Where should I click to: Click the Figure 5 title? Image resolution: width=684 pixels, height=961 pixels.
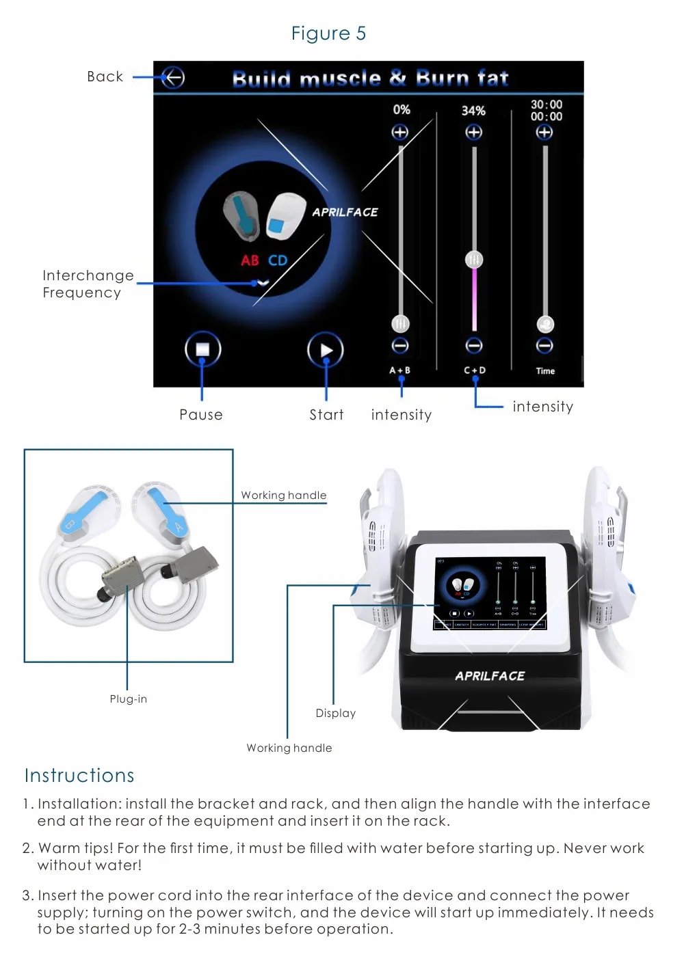pos(328,33)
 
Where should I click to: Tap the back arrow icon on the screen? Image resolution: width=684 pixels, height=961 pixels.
pos(173,78)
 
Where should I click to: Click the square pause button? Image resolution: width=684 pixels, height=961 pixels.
pos(202,349)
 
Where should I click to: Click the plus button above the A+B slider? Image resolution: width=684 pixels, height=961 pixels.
pos(400,132)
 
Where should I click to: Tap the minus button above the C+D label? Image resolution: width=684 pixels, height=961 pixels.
pos(474,345)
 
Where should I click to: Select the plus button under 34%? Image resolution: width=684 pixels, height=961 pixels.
pos(473,132)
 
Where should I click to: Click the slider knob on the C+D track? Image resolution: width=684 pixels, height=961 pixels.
pos(474,260)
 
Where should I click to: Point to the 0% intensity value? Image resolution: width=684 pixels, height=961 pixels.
pos(402,109)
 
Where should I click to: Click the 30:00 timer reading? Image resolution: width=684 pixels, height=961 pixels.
pos(547,105)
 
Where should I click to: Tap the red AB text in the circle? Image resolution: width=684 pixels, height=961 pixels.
pos(250,260)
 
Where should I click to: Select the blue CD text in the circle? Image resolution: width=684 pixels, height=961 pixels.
pos(278,260)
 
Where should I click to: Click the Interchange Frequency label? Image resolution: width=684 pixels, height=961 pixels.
pos(88,284)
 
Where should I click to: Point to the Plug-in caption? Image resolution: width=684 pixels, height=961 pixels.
pos(129,699)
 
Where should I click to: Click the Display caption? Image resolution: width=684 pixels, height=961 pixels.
pos(336,713)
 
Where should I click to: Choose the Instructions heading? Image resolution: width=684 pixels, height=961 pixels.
pos(79,775)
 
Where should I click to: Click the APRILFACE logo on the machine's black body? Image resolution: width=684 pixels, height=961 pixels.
pos(490,676)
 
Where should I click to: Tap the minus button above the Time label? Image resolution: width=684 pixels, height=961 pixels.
pos(544,345)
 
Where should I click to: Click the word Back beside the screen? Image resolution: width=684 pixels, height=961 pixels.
pos(105,77)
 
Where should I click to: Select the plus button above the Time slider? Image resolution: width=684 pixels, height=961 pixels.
pos(544,132)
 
